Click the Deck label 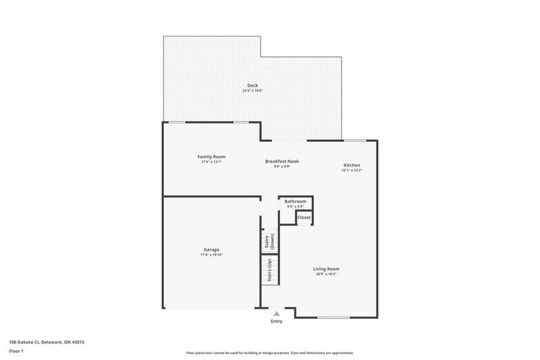252,85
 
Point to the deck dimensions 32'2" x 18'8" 252,91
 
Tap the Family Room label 211,157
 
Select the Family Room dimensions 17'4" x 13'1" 211,162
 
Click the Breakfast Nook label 281,161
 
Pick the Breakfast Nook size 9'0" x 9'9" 281,167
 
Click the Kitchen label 352,165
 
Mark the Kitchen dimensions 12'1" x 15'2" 352,171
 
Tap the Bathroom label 295,201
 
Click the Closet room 304,217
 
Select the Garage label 211,249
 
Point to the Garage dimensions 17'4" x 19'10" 211,255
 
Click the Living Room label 326,269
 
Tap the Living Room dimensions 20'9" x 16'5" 326,274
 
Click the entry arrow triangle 277,313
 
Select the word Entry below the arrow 277,322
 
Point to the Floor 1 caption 17,352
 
